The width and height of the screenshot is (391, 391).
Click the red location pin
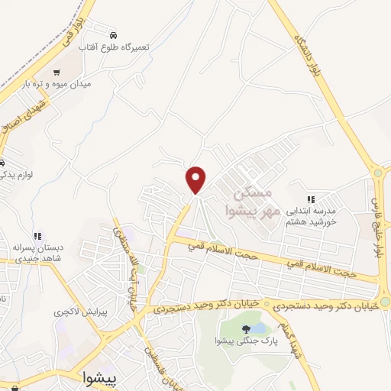(x=196, y=179)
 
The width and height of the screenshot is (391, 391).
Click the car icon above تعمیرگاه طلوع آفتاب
(x=114, y=35)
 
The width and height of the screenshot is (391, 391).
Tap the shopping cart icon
(x=57, y=73)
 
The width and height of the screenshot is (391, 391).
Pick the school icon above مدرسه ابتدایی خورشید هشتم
(x=311, y=199)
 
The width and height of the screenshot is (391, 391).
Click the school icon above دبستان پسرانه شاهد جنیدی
(x=36, y=237)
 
